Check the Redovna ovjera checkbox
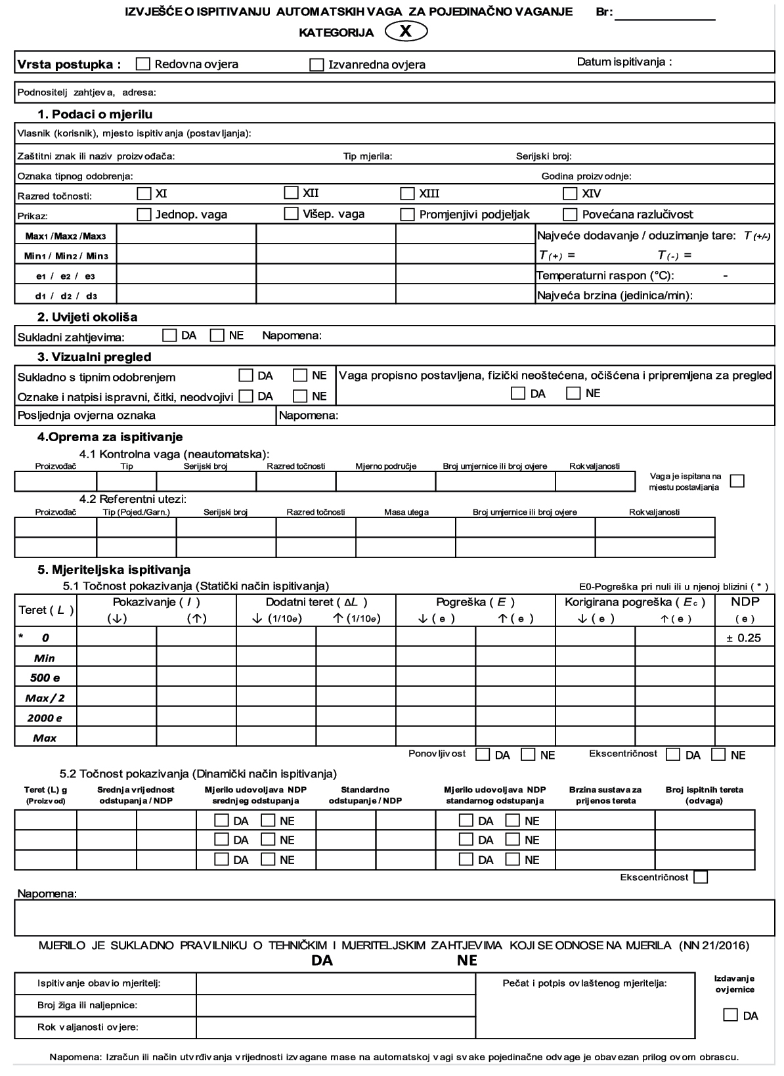[x=143, y=64]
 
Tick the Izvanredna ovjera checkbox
[x=316, y=65]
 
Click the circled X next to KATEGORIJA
[x=406, y=32]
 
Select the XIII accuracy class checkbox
[x=408, y=194]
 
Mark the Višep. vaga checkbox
[x=291, y=213]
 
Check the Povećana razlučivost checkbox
[x=570, y=215]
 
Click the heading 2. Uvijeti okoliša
[x=87, y=317]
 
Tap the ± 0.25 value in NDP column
[x=744, y=637]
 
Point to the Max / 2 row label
[x=45, y=698]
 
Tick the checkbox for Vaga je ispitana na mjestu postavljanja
[x=737, y=481]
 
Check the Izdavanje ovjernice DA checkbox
[x=730, y=1015]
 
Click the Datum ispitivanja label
[x=624, y=62]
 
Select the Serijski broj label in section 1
[x=544, y=156]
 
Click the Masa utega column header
[x=406, y=512]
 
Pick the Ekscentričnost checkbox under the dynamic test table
[x=701, y=877]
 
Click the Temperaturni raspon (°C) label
[x=605, y=276]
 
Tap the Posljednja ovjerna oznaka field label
[x=87, y=415]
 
